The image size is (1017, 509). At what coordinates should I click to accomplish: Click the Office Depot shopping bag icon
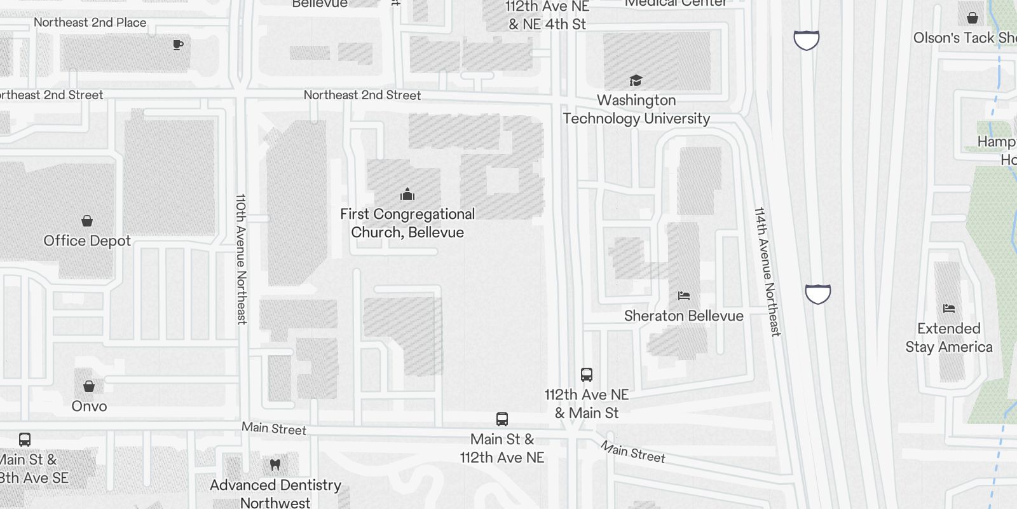[87, 221]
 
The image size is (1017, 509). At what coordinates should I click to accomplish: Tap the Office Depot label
[87, 241]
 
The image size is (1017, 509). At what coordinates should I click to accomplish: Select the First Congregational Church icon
[407, 194]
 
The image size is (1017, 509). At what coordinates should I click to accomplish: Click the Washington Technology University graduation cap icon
[636, 80]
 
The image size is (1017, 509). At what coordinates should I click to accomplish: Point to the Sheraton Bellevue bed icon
[684, 296]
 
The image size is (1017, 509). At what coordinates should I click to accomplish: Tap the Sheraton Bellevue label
[684, 316]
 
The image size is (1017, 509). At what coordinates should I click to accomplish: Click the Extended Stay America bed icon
[949, 309]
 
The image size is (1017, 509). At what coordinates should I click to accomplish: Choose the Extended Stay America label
[949, 338]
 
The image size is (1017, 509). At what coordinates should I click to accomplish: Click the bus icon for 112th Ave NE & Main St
[587, 375]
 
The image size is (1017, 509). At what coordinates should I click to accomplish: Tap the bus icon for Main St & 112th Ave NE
[502, 419]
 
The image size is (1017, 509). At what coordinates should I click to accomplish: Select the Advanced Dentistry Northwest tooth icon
[275, 465]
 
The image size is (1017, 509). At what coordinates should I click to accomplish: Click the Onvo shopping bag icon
[89, 386]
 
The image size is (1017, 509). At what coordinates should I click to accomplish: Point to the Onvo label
[89, 407]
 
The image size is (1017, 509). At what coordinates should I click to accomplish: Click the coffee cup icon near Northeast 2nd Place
[178, 45]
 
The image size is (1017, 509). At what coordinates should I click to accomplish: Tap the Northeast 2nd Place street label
[90, 22]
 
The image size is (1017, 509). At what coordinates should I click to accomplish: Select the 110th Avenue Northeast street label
[242, 259]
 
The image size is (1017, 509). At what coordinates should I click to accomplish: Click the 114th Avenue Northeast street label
[767, 271]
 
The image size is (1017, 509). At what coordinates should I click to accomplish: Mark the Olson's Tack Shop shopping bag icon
[973, 18]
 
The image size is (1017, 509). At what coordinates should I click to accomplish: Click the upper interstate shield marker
[807, 41]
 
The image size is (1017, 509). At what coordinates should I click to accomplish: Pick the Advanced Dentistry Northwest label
[275, 494]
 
